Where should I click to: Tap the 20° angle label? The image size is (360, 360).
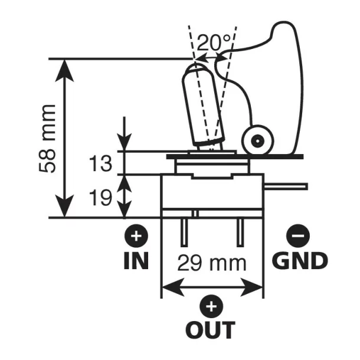(215, 43)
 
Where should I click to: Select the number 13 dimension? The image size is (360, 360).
(101, 163)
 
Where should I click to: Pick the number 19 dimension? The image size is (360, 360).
(101, 198)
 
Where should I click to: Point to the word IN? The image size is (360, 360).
(137, 260)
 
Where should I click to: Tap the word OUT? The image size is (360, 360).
(210, 329)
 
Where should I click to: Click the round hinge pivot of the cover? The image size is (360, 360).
(257, 140)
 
